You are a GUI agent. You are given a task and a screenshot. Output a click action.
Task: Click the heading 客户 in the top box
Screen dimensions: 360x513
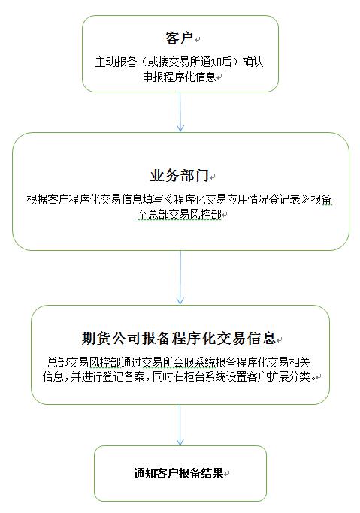[179, 38]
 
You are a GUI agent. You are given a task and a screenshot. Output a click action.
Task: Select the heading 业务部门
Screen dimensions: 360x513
[180, 175]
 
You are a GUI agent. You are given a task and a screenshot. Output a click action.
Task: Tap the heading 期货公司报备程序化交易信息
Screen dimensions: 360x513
[179, 338]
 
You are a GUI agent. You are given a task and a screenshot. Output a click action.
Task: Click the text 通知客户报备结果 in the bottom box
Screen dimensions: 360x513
[178, 473]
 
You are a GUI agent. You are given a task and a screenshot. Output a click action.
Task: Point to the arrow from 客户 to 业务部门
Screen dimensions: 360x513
[180, 112]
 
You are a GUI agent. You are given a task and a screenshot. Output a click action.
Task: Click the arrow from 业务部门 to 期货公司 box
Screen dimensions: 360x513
[180, 277]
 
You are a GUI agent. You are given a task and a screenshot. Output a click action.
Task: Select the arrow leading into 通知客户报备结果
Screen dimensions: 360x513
[180, 425]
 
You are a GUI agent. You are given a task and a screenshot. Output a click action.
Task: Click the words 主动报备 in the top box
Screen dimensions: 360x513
[116, 62]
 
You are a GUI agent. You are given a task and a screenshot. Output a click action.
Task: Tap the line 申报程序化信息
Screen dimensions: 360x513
[180, 77]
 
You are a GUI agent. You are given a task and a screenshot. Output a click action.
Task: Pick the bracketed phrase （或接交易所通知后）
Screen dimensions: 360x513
[189, 62]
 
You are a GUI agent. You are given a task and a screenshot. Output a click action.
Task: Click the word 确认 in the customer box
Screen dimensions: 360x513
[253, 62]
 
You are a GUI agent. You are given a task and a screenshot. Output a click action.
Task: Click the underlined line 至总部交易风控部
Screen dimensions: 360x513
[180, 214]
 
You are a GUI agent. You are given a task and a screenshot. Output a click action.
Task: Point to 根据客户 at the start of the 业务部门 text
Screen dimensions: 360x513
[47, 199]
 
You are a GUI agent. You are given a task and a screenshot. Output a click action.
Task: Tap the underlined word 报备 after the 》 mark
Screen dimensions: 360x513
[321, 199]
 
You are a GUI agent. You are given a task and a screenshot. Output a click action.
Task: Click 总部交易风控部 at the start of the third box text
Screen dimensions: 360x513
[83, 362]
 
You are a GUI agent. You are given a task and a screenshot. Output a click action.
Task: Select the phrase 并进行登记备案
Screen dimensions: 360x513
[107, 376]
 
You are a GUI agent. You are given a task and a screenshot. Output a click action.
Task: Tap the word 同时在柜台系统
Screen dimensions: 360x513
[189, 376]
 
